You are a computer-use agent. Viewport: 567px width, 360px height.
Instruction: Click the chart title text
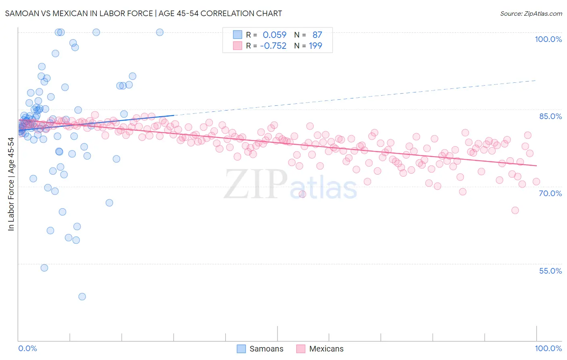point(144,13)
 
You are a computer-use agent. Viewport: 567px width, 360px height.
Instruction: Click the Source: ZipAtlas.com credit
point(531,13)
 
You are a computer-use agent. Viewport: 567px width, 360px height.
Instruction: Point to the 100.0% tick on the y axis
point(548,39)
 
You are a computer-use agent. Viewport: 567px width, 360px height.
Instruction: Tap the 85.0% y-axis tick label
point(550,116)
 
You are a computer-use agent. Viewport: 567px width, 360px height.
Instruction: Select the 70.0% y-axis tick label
point(550,193)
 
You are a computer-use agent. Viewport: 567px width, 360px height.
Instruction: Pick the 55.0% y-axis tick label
point(550,271)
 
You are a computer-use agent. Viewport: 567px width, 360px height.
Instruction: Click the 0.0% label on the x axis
point(27,348)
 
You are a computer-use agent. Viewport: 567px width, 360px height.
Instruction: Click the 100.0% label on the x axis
point(548,348)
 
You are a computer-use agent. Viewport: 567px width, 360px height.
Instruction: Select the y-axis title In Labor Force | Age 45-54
point(11,184)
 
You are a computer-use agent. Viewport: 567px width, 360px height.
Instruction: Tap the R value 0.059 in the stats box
point(275,35)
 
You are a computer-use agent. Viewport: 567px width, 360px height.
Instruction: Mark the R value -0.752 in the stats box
point(273,46)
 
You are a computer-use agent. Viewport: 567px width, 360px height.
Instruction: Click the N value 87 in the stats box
point(317,35)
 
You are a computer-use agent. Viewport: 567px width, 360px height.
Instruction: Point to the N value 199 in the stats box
point(315,46)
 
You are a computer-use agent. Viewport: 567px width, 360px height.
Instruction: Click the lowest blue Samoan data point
point(82,297)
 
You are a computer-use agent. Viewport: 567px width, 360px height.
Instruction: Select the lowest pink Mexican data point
point(515,210)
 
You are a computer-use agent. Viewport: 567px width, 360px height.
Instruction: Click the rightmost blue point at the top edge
point(160,32)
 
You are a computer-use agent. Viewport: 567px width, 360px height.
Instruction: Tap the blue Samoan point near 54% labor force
point(44,268)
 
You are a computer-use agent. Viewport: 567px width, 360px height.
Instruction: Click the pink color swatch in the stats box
point(238,46)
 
